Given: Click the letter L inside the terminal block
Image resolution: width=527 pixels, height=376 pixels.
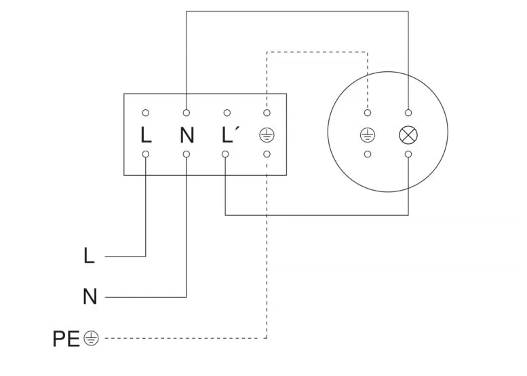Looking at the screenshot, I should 146,135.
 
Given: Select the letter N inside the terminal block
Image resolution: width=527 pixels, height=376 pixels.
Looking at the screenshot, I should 187,135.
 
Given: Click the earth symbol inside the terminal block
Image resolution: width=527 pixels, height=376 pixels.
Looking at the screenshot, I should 267,135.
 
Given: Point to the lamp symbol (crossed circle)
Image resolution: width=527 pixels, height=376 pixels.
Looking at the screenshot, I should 408,134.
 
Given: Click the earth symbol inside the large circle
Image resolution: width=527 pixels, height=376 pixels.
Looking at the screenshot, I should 368,134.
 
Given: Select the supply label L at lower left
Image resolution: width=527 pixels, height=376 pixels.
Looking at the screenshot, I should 89,257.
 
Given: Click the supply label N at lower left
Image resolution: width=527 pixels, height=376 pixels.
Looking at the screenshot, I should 90,297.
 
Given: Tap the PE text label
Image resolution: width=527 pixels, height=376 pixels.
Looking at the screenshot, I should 66,338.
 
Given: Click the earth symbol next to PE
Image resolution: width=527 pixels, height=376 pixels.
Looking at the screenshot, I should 91,338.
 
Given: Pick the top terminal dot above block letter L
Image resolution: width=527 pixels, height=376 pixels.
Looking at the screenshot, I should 146,113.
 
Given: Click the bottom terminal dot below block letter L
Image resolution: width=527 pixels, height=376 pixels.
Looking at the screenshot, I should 146,155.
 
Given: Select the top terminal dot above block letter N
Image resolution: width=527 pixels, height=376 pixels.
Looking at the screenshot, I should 187,113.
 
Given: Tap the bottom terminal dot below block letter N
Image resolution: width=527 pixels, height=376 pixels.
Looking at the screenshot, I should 187,155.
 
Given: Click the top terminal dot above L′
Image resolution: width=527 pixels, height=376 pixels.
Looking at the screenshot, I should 227,113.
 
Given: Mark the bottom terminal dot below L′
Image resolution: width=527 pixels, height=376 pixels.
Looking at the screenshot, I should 227,155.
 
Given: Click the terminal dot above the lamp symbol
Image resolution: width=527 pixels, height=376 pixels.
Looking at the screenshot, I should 408,113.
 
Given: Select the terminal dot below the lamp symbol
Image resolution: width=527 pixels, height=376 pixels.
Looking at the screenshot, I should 408,155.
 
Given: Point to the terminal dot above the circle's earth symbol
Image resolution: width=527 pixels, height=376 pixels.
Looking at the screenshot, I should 368,113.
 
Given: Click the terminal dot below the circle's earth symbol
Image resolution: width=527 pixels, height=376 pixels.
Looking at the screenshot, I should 368,155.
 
